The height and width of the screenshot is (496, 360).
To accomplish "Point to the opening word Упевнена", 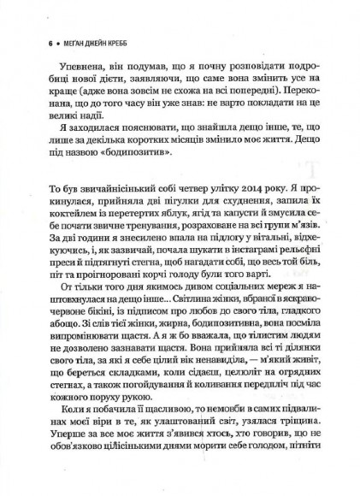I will point(72,66).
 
